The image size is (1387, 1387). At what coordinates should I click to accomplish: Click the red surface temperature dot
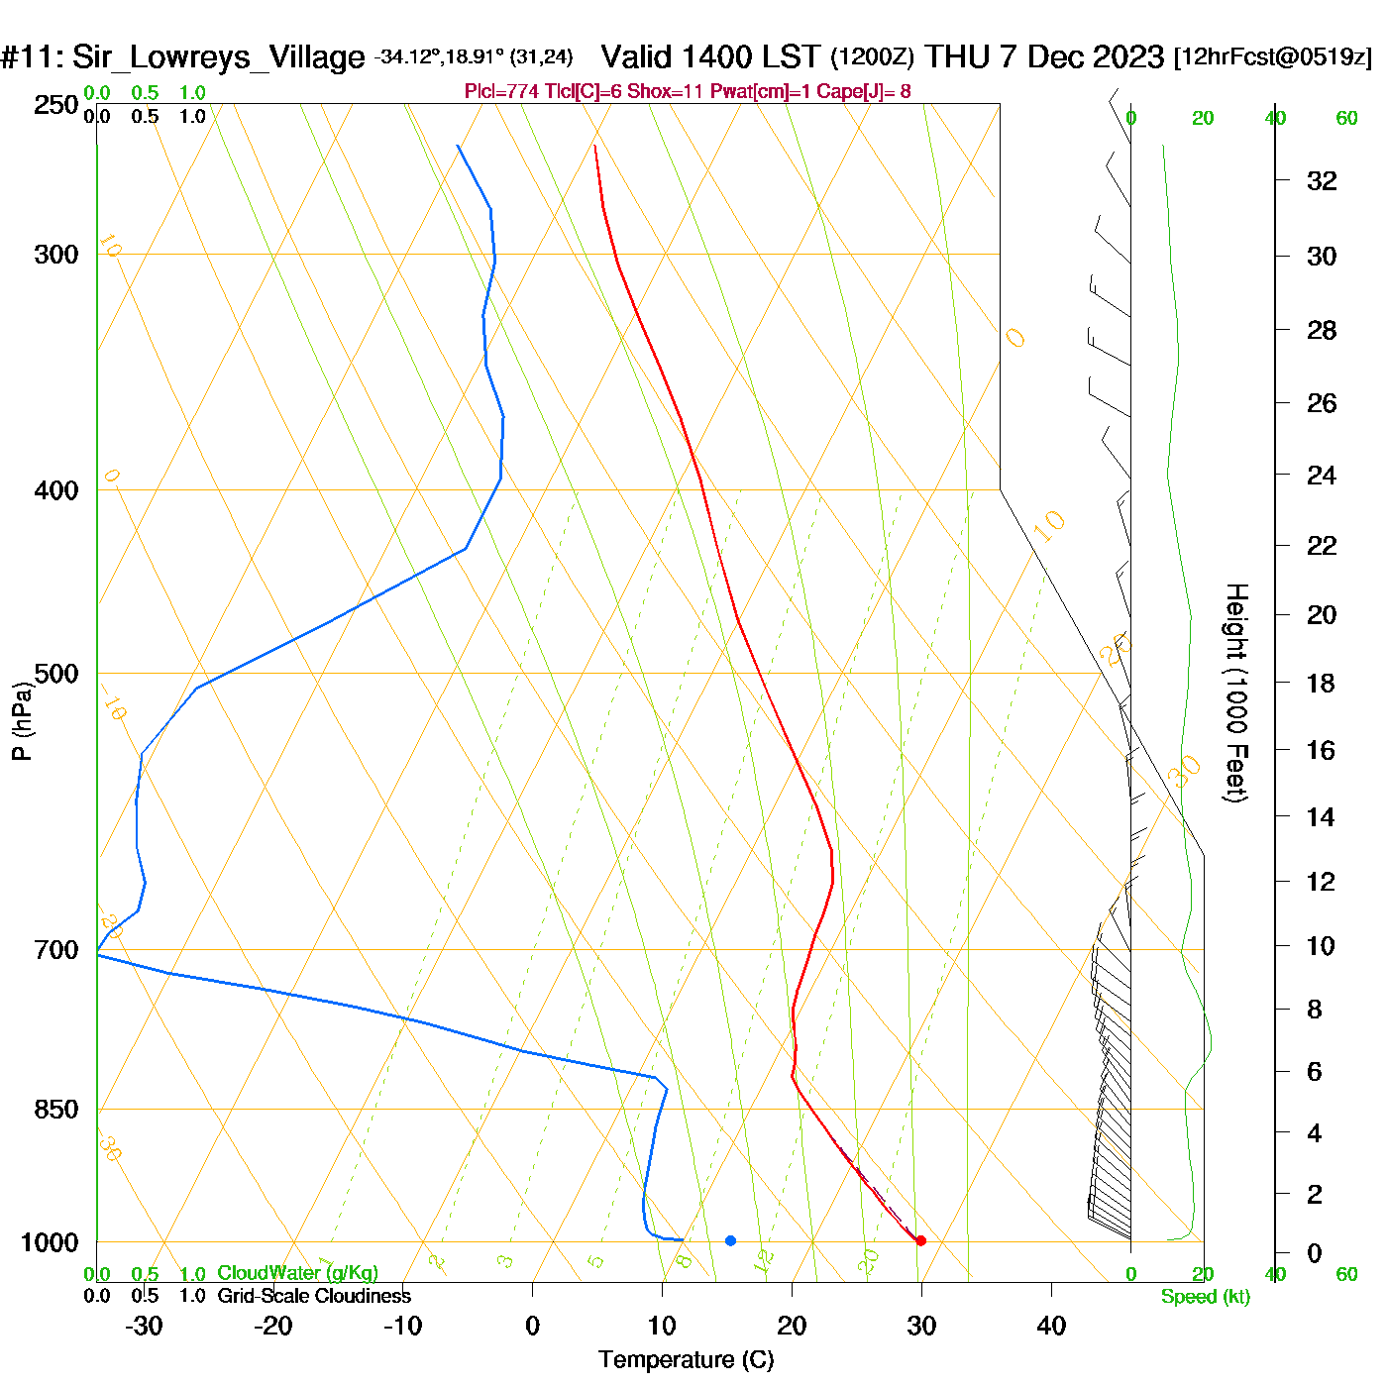point(920,1240)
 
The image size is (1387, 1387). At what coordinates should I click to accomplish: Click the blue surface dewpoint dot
point(730,1240)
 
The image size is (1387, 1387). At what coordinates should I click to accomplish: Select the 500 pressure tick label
point(56,674)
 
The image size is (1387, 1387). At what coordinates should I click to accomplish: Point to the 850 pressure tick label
point(56,1110)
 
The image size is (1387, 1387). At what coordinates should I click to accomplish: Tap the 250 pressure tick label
point(56,105)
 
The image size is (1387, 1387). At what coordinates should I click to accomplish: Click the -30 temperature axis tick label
point(144,1326)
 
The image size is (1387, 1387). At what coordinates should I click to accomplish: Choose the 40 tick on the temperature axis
point(1051,1326)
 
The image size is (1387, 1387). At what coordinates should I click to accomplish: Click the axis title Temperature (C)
point(686,1360)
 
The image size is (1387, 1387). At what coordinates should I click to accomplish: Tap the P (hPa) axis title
point(22,721)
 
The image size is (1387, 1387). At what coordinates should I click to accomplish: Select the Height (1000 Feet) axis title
point(1235,693)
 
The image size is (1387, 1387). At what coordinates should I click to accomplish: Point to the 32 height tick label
point(1322,180)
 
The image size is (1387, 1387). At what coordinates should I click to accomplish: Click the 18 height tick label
point(1321,683)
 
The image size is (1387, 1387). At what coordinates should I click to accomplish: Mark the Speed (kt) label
point(1206,1297)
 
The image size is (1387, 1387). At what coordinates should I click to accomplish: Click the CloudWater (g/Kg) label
point(297,1273)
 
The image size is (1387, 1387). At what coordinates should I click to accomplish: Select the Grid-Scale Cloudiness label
point(314,1296)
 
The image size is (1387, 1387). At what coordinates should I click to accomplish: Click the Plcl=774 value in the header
point(502,92)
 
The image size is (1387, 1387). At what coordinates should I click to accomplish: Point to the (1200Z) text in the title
point(872,56)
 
